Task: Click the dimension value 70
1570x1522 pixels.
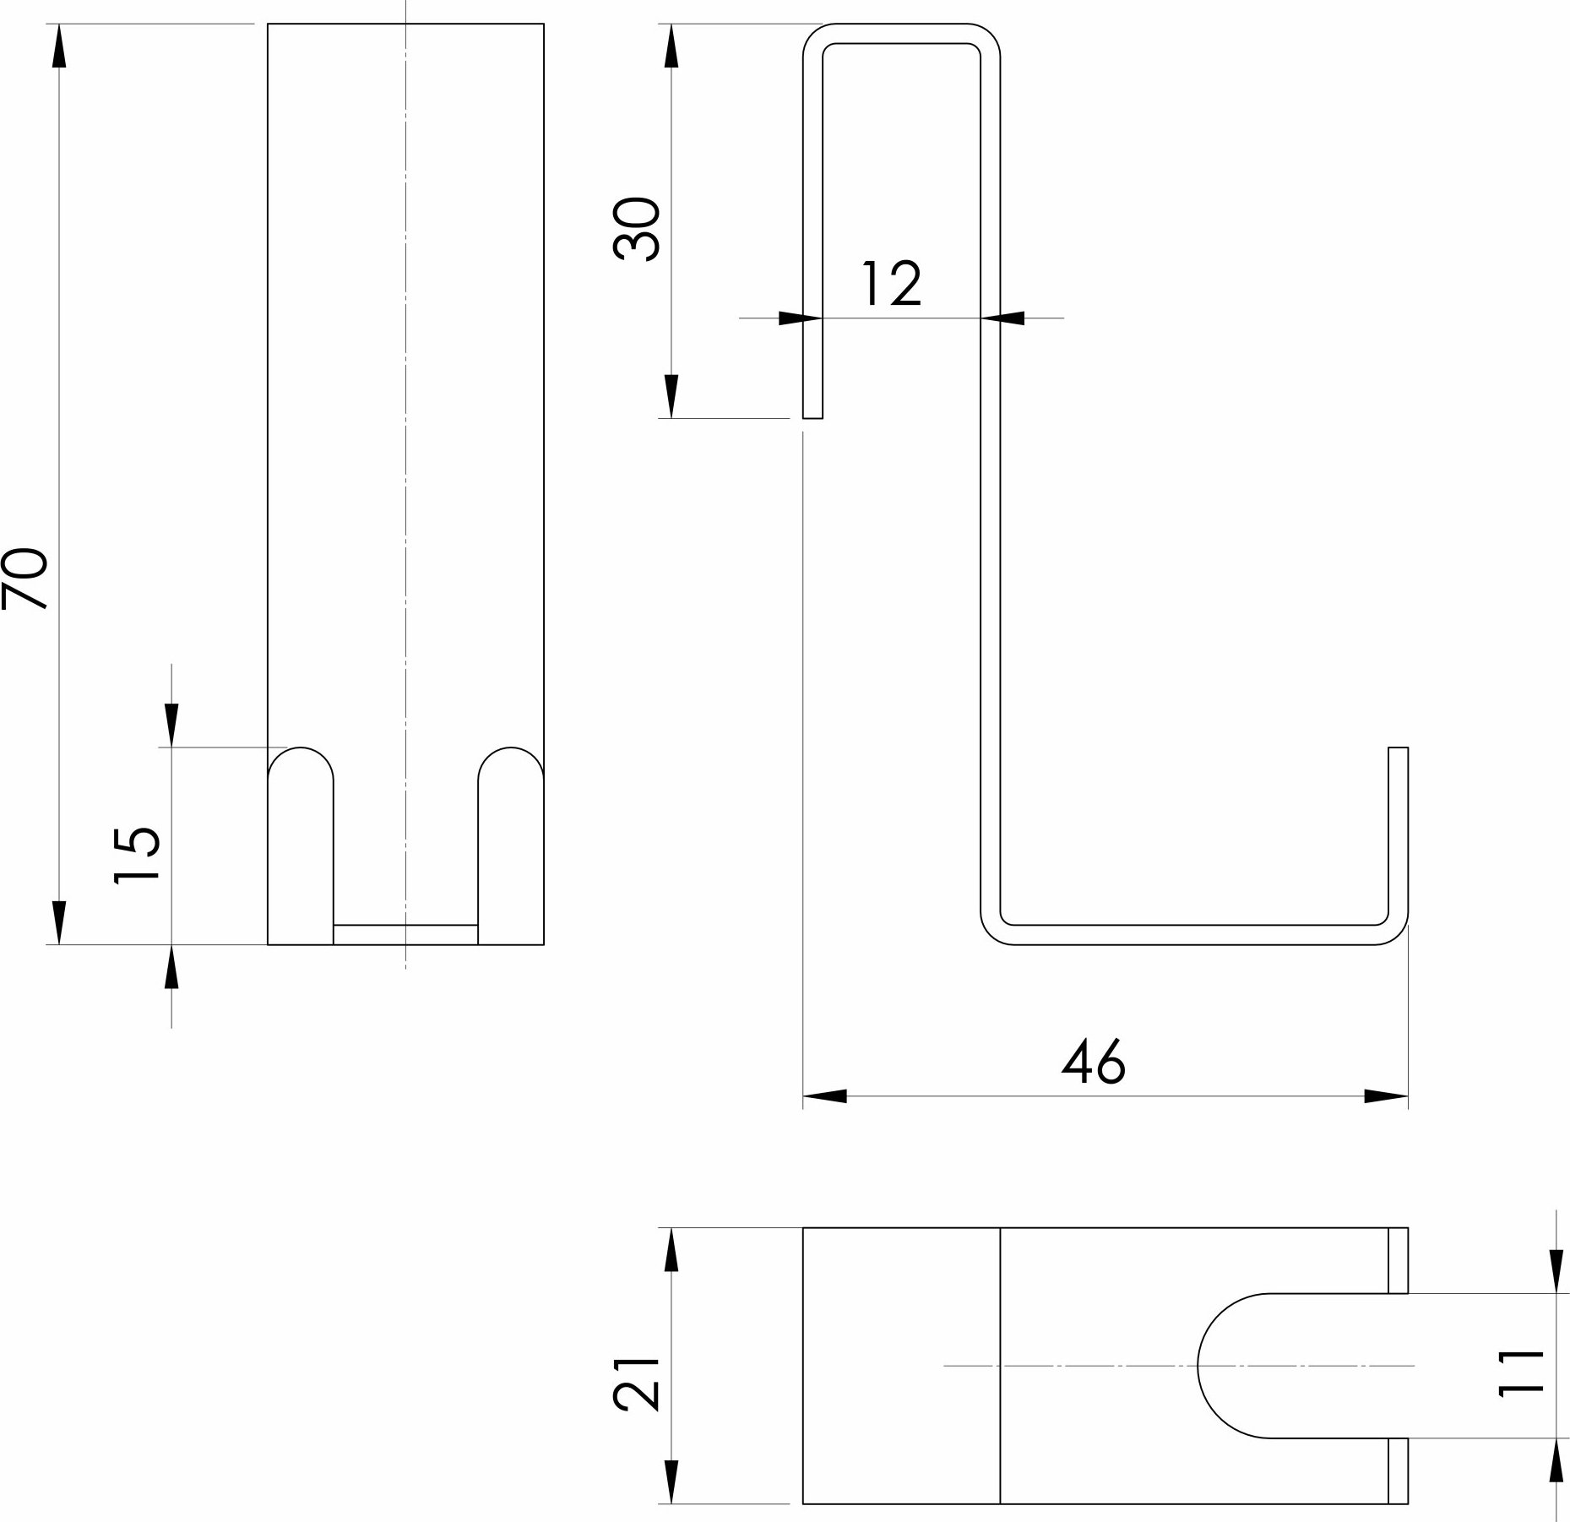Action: [24, 578]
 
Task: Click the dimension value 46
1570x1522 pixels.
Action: [1093, 1062]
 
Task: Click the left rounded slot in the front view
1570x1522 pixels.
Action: [301, 845]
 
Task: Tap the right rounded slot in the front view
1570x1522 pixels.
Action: [510, 845]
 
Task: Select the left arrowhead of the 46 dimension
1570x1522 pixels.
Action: [824, 1096]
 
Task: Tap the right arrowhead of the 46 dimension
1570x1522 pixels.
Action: [1386, 1096]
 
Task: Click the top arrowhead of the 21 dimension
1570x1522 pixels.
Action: [671, 1250]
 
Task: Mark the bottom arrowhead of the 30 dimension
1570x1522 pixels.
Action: [671, 396]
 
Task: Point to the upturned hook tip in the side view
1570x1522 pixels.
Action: [1399, 748]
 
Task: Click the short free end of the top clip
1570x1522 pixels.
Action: [812, 416]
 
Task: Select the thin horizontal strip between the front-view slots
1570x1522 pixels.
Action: [405, 934]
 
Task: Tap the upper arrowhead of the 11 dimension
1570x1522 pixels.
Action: [1556, 1270]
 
